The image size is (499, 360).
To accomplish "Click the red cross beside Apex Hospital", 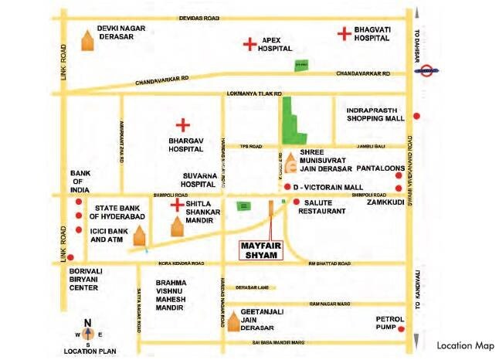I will [x=249, y=44].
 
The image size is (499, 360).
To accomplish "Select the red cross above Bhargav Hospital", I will [x=183, y=124].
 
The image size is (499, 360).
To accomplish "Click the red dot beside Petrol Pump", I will [x=402, y=328].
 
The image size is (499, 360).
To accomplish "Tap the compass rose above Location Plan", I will [x=87, y=334].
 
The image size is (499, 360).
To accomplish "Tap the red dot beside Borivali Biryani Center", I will [x=70, y=257].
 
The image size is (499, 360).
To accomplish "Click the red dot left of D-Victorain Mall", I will [x=287, y=188].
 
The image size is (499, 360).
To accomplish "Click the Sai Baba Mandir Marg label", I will [x=275, y=342].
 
